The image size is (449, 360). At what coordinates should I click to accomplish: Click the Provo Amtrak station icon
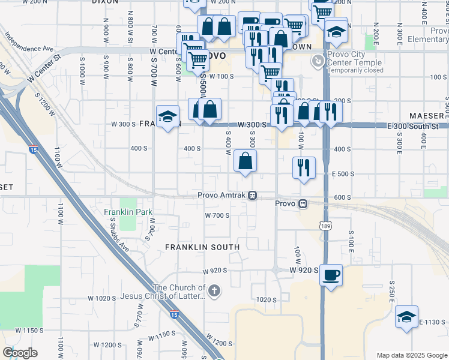(253, 196)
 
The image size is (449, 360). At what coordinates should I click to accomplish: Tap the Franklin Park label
(128, 212)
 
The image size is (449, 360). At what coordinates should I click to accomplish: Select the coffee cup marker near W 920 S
(331, 276)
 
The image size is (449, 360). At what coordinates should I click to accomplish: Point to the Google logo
(19, 353)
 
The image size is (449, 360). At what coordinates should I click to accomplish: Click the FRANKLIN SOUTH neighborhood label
(202, 247)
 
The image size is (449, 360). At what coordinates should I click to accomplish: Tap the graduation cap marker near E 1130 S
(406, 317)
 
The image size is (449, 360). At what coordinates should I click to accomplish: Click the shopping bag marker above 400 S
(245, 161)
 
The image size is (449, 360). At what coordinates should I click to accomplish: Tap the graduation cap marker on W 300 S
(168, 117)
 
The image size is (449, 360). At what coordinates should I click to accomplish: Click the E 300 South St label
(414, 125)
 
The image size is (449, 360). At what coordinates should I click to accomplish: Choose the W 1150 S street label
(29, 331)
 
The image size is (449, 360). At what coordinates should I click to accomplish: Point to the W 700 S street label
(217, 215)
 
